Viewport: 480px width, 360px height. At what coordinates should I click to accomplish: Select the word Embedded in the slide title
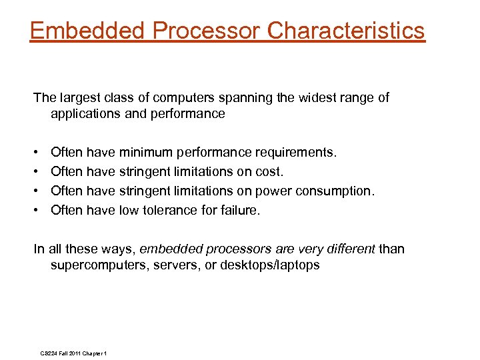click(x=88, y=30)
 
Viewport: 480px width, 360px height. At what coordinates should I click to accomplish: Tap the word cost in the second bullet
click(x=270, y=172)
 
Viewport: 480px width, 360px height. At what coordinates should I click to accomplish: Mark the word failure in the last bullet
click(x=240, y=211)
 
